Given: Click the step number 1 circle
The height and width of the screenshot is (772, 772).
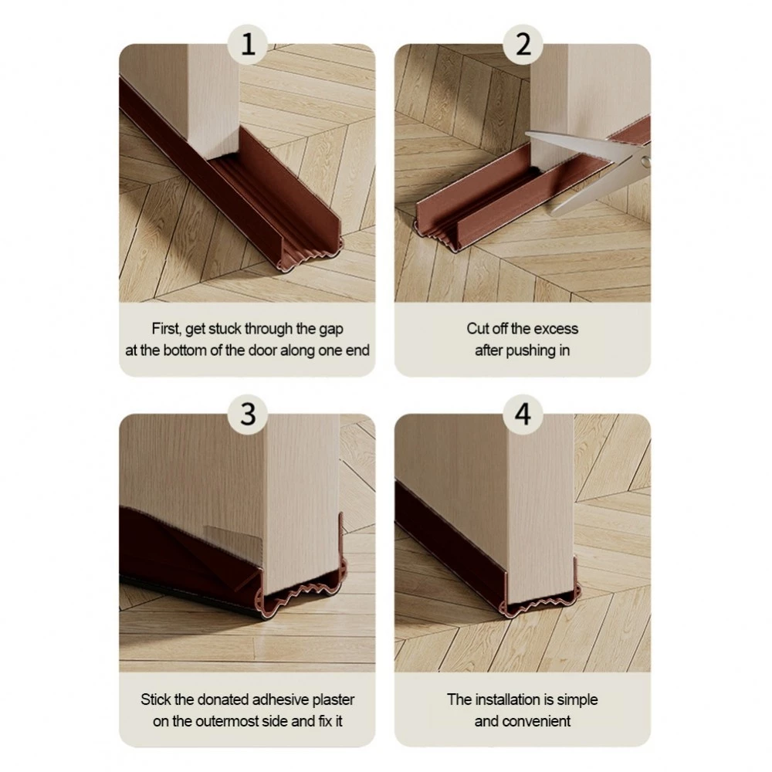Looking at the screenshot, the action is [248, 44].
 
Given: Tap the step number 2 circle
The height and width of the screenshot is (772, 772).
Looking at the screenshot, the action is [523, 44].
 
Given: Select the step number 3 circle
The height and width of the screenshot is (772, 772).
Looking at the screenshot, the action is [248, 414].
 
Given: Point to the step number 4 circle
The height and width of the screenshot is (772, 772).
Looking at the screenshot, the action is [523, 414].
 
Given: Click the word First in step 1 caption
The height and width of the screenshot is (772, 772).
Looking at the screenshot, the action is [167, 329].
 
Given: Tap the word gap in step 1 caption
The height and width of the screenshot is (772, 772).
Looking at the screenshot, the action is [331, 330].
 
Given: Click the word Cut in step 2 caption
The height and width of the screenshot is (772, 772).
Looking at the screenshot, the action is [478, 328].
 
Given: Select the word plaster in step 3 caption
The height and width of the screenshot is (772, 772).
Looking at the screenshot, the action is [334, 700].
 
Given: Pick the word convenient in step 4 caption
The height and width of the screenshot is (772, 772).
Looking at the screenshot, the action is [537, 721].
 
